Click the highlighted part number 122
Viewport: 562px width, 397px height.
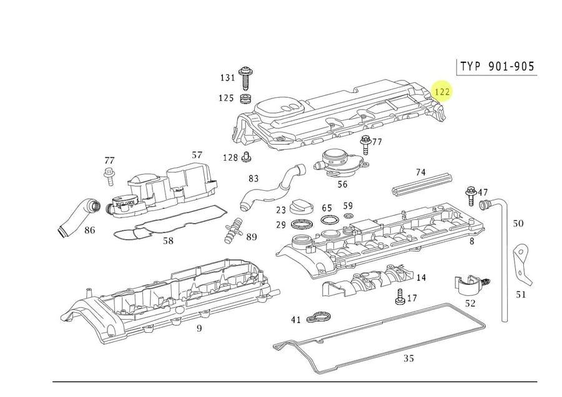coord(442,92)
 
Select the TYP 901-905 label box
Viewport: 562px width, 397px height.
coord(497,66)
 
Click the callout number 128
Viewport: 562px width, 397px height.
coord(230,157)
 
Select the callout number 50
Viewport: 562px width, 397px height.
coord(518,223)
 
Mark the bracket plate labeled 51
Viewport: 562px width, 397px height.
coord(520,265)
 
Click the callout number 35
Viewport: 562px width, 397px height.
coord(408,358)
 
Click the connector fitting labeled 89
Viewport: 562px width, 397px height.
coord(234,229)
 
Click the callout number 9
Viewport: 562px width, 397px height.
coord(199,328)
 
